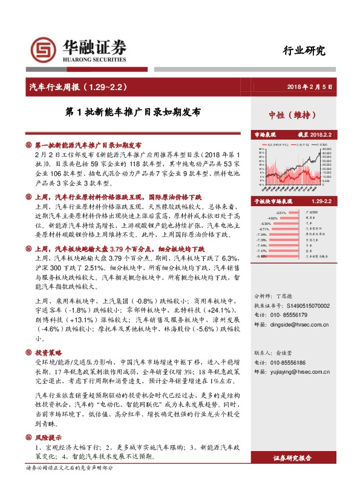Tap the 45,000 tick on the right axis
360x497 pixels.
326,149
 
